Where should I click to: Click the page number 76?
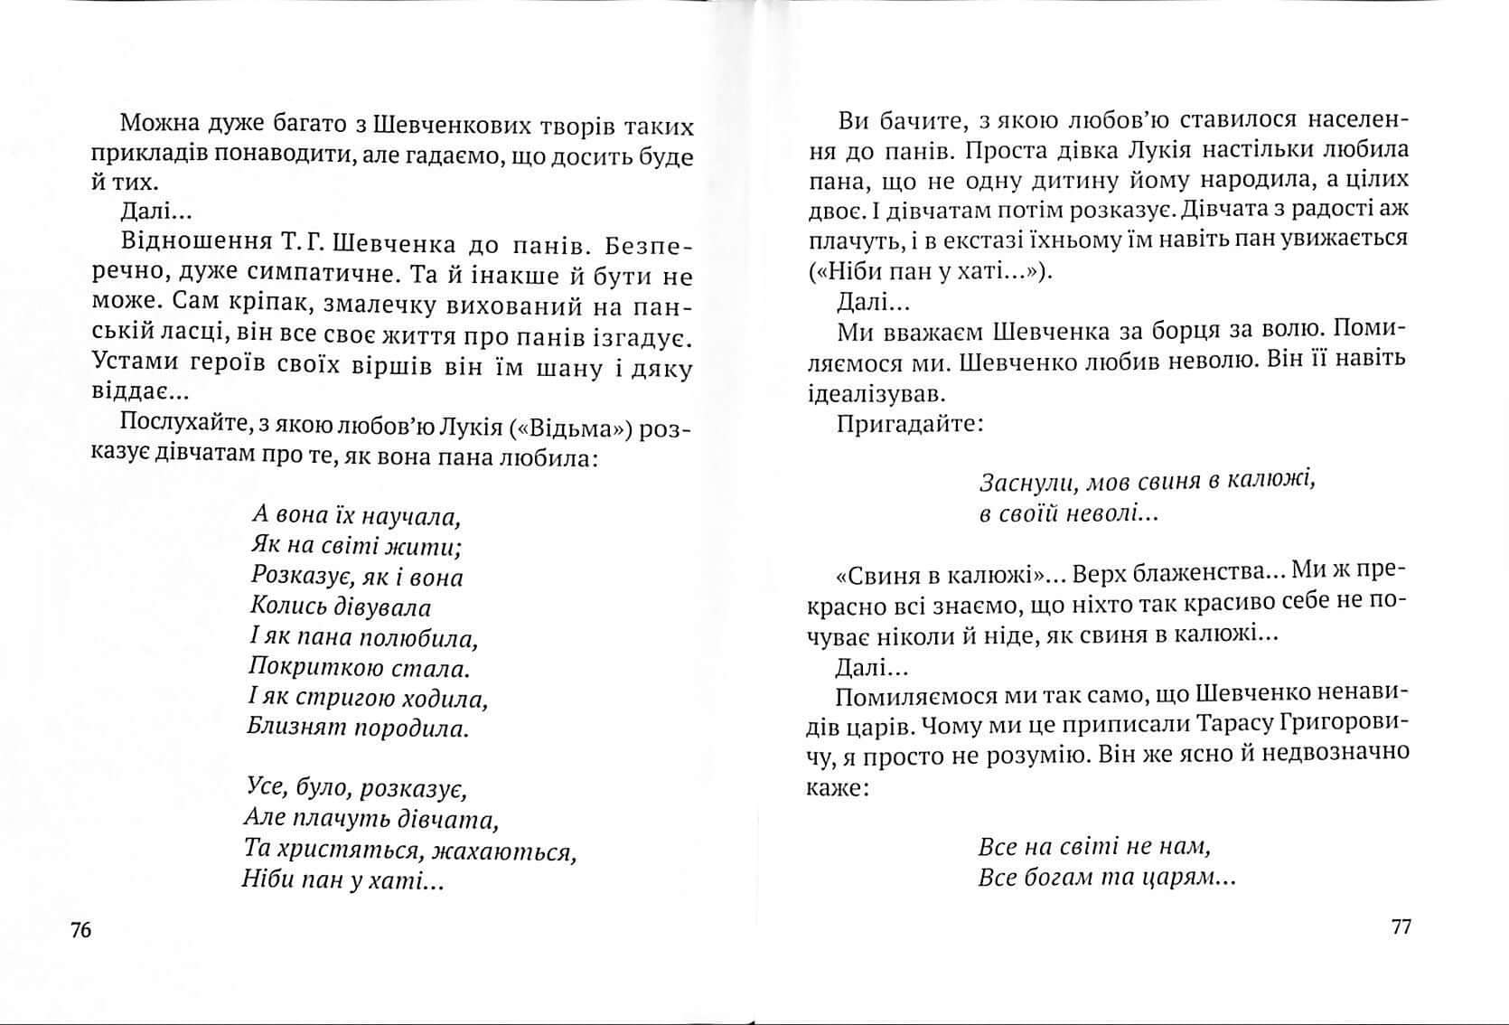click(x=81, y=930)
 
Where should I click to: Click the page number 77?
click(x=1401, y=926)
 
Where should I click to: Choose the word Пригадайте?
click(x=909, y=423)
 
